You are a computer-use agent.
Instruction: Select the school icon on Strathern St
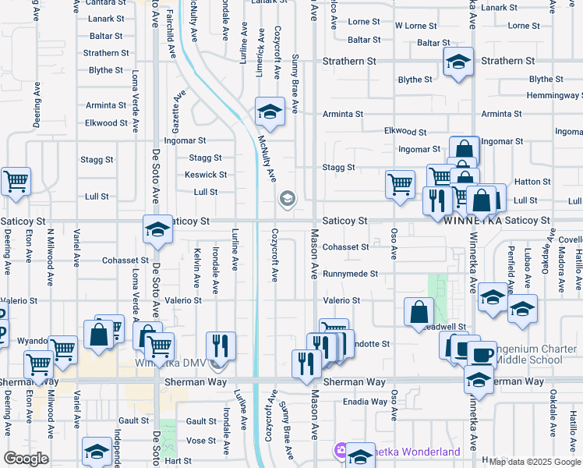[x=458, y=62]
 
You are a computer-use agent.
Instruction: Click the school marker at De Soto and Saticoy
[x=157, y=229]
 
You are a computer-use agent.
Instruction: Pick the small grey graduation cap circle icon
[x=287, y=200]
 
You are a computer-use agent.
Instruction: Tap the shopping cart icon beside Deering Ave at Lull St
[x=15, y=182]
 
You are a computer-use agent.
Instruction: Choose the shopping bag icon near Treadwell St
[x=419, y=312]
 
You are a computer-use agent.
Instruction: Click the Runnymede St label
[x=351, y=275]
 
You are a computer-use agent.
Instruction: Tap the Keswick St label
[x=206, y=175]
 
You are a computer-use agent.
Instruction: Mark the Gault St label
[x=134, y=420]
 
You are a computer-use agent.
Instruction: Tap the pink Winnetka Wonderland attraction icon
[x=340, y=450]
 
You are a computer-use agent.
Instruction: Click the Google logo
[x=26, y=459]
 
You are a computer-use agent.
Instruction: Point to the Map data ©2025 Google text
[x=535, y=462]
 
